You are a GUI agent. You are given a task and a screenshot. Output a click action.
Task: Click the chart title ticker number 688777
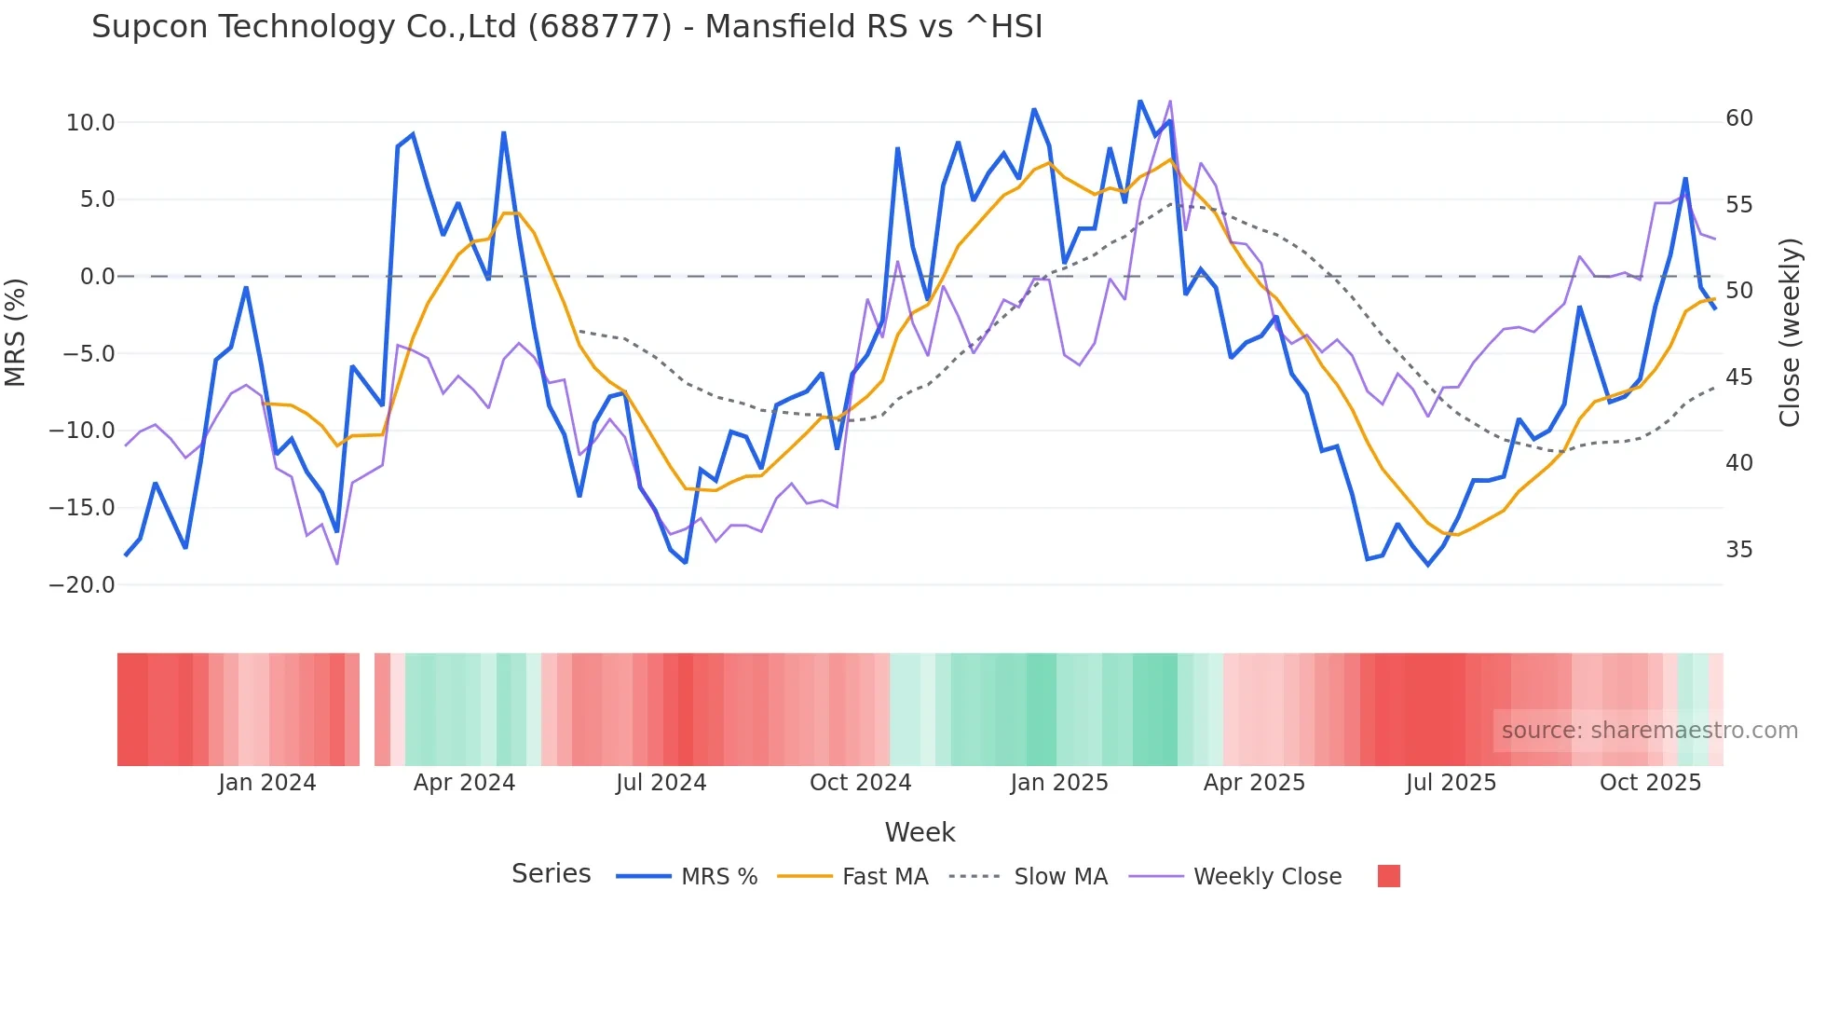pos(599,27)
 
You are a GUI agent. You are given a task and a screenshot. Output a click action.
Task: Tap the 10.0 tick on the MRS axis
pos(90,123)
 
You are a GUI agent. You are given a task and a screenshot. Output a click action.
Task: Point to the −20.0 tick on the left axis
pos(82,585)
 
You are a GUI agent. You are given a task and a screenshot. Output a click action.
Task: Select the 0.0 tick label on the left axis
pos(97,277)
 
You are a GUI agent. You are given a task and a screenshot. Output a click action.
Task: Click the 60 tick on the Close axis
pos(1738,118)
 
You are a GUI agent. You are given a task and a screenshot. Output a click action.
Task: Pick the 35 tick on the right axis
pos(1738,550)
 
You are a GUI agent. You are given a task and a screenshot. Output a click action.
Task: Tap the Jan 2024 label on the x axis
pos(267,783)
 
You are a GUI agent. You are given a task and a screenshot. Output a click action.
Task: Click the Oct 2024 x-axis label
pos(860,783)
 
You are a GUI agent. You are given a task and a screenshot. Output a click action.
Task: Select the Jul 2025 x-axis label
pos(1451,783)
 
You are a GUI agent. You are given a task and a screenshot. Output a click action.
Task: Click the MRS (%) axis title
pos(16,332)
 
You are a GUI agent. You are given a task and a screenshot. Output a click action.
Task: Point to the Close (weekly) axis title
pos(1790,333)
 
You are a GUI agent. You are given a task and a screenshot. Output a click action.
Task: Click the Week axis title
pos(920,832)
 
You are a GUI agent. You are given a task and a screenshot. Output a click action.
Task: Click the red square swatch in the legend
pos(1388,876)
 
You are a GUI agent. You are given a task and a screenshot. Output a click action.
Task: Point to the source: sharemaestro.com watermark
pos(1649,731)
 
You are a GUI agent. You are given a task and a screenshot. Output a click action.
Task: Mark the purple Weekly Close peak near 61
pos(1170,102)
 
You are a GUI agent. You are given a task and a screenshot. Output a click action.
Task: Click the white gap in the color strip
pos(367,709)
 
